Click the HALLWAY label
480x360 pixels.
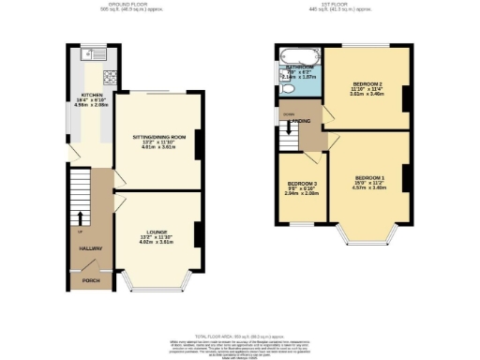[91, 247]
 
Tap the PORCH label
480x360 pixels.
[92, 280]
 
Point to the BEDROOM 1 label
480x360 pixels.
[368, 177]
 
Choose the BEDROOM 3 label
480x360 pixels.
[300, 183]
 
